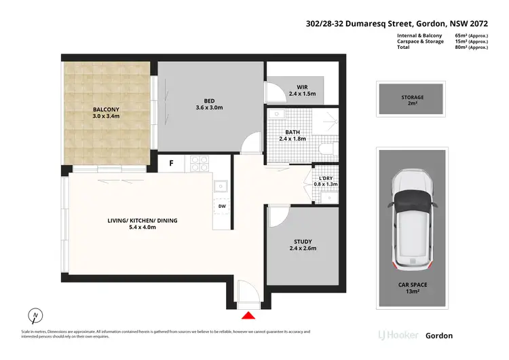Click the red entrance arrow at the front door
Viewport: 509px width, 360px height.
[249, 314]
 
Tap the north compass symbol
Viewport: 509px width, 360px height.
[35, 316]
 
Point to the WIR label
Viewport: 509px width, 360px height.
[303, 86]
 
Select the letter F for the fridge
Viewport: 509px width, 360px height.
[172, 163]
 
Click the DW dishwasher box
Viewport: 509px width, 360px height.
[221, 206]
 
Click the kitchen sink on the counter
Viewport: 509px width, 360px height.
[221, 185]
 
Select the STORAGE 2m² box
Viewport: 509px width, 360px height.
[412, 101]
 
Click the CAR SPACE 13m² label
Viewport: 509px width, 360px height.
[412, 288]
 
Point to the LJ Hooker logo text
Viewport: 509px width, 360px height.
[396, 336]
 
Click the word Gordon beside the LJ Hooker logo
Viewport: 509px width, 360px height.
[438, 336]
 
